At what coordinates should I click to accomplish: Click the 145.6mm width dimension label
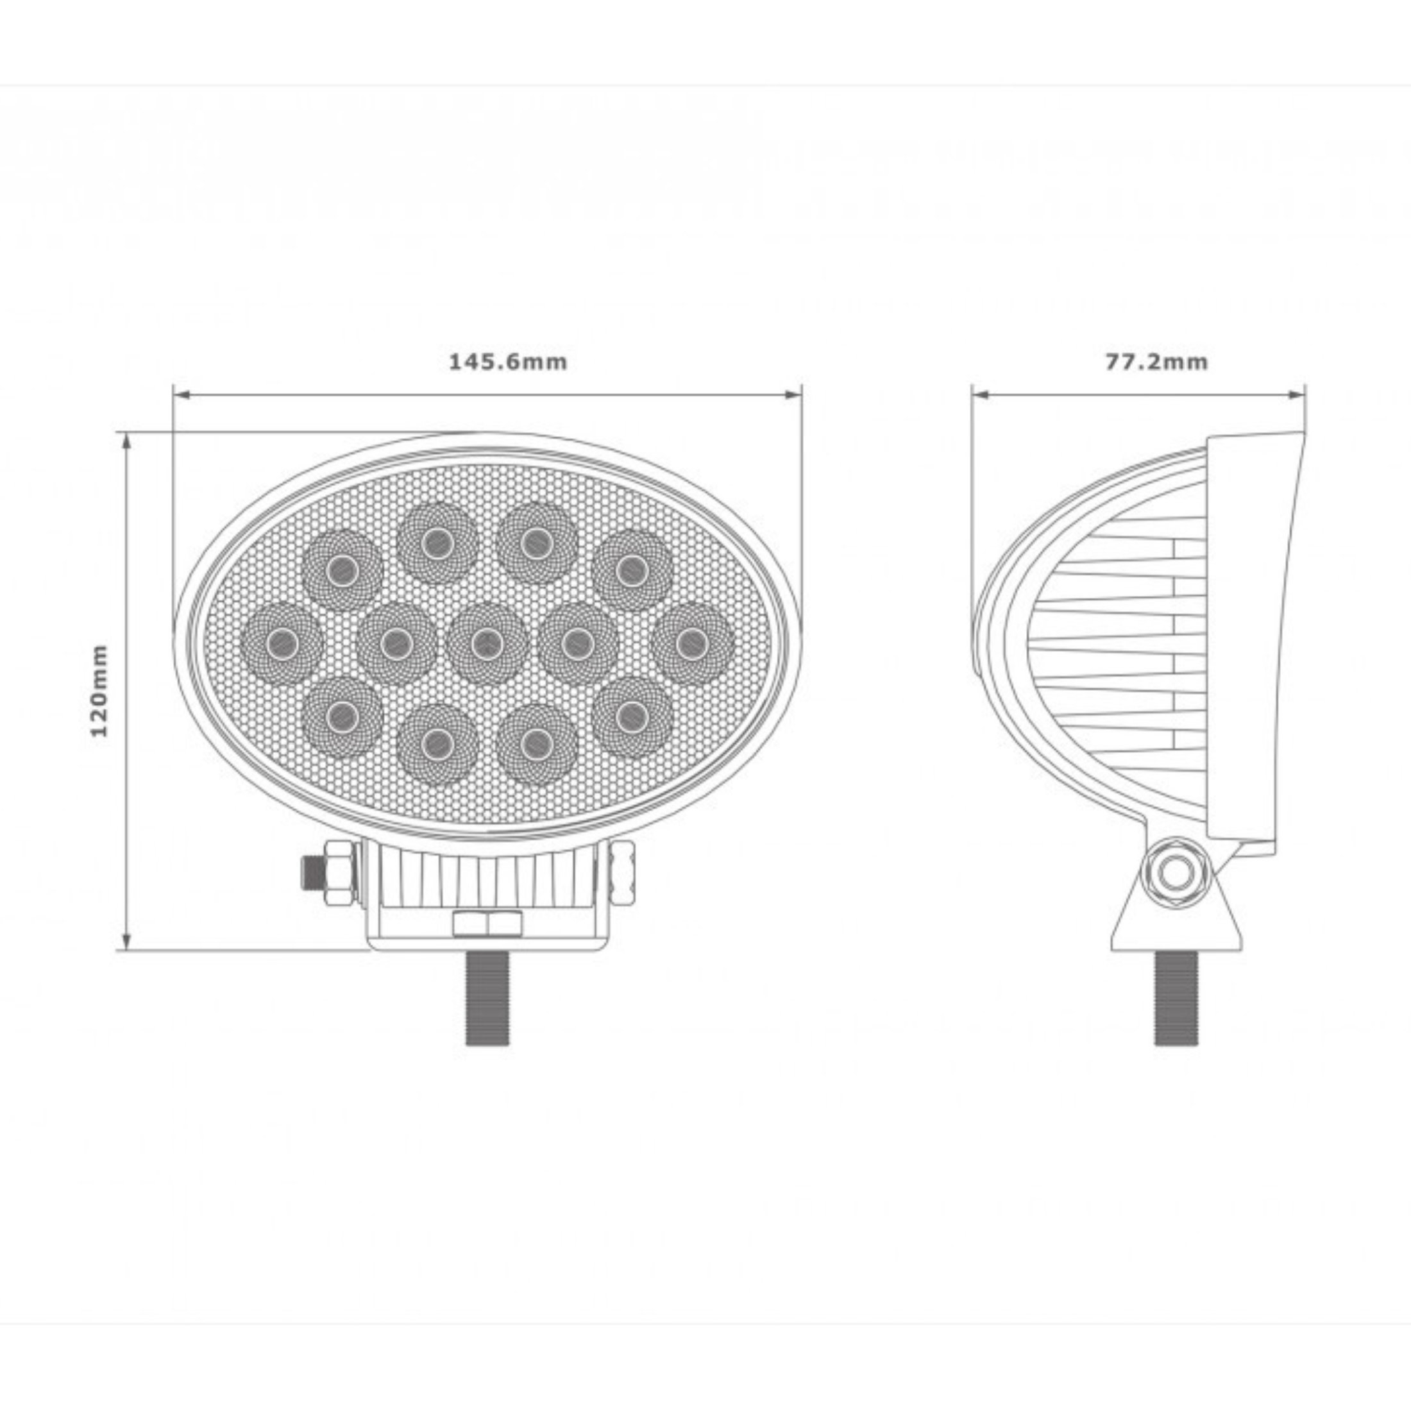click(x=507, y=362)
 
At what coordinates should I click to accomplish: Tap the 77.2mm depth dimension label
click(x=1156, y=362)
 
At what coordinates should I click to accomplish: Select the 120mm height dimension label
click(x=99, y=690)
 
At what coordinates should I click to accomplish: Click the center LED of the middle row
click(x=486, y=643)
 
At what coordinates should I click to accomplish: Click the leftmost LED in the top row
click(x=342, y=570)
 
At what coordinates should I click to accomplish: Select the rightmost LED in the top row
click(x=632, y=570)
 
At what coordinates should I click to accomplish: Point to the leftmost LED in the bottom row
click(x=342, y=717)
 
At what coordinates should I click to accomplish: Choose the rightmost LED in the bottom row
click(x=632, y=717)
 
